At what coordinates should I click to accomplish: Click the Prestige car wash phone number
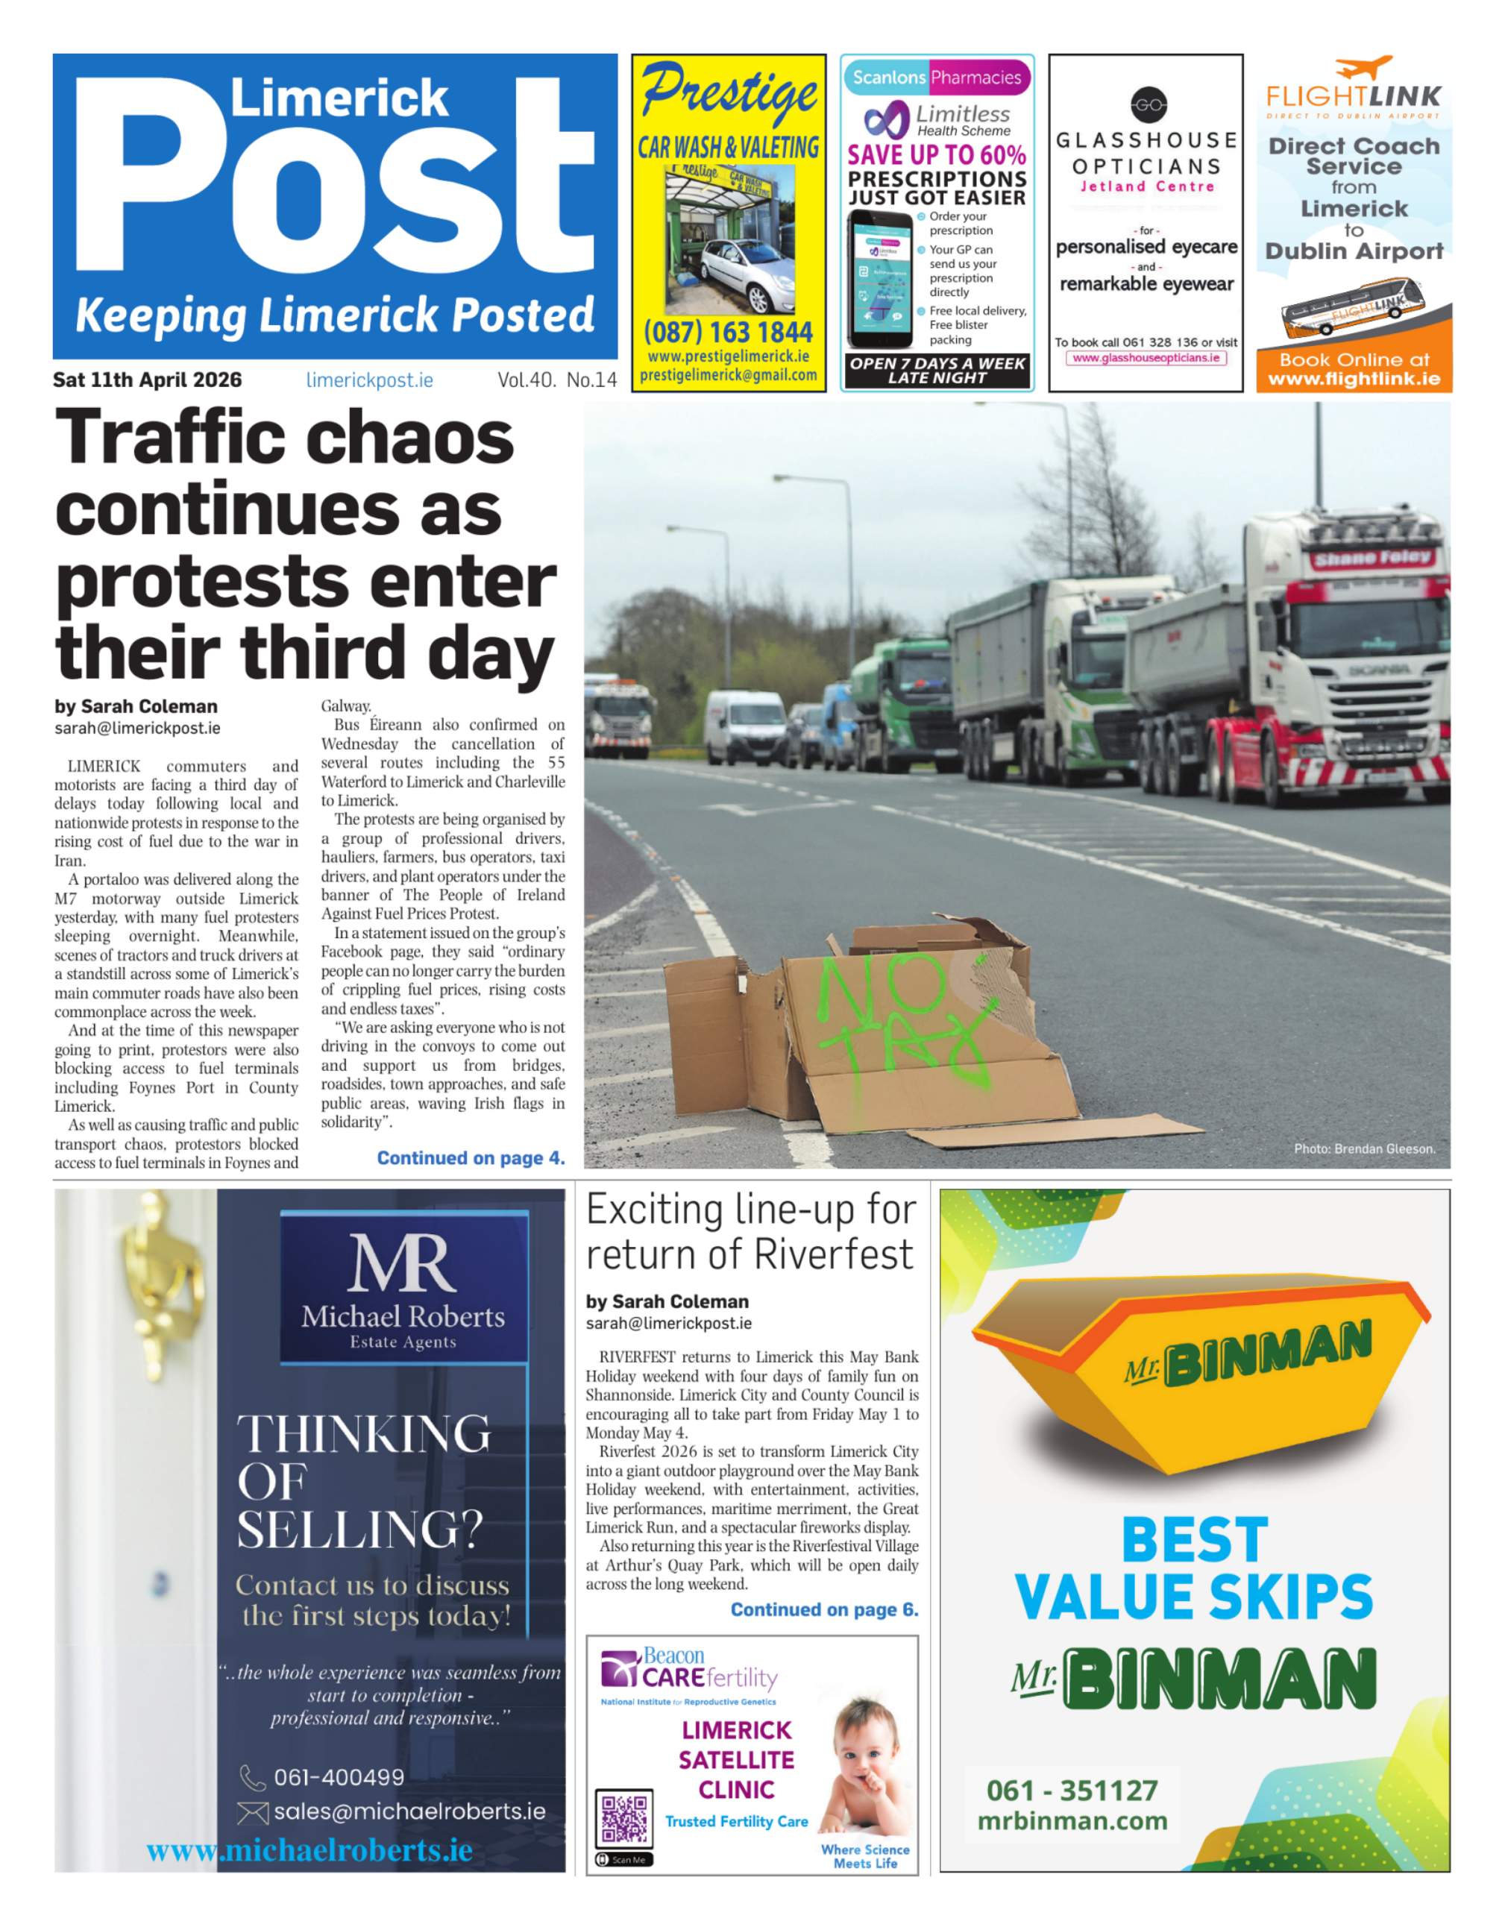click(x=728, y=333)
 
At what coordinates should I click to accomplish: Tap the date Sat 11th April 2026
click(x=148, y=380)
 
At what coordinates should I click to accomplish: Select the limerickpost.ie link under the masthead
click(x=369, y=380)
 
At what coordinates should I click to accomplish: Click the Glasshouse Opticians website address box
click(x=1146, y=358)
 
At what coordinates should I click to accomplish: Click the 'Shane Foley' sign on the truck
click(x=1370, y=559)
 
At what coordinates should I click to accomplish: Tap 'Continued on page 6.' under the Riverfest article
click(x=823, y=1609)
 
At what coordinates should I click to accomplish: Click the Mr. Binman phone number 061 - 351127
click(x=1072, y=1791)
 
